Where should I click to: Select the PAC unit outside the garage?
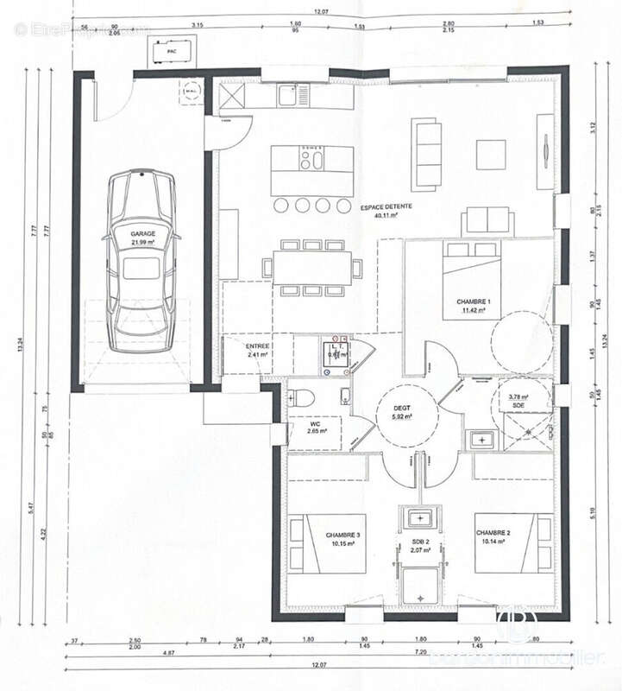coord(166,53)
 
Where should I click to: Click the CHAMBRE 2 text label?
coord(493,533)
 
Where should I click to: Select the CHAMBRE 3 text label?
coord(342,536)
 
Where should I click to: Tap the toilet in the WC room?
coord(299,399)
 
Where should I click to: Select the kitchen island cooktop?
coord(311,158)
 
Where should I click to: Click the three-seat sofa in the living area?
coord(424,144)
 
